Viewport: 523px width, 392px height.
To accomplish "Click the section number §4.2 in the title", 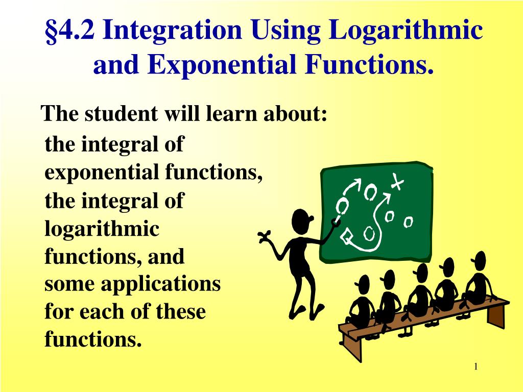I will click(71, 32).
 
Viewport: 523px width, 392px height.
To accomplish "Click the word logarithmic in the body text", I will click(102, 229).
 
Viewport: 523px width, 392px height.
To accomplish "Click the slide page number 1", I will click(476, 367).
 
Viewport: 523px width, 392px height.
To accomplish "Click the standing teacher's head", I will click(301, 220).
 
